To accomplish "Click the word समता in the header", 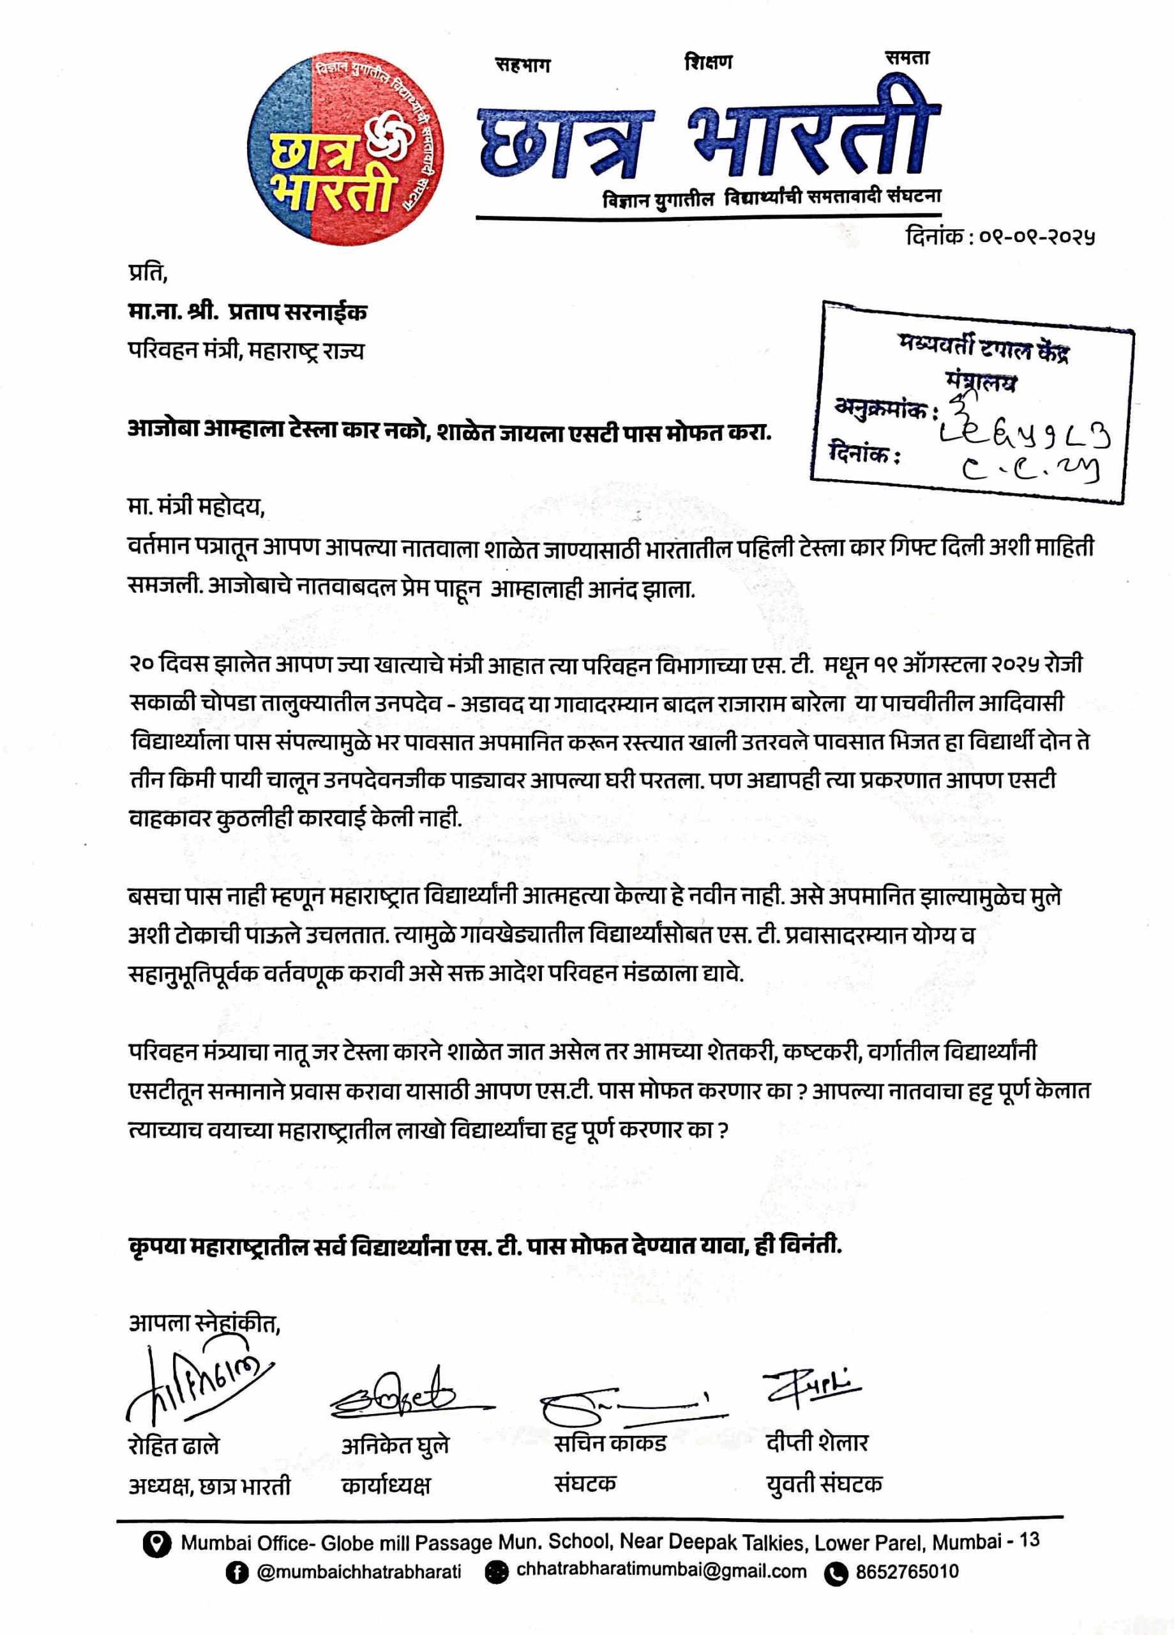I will (907, 58).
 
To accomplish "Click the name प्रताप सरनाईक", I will (297, 312).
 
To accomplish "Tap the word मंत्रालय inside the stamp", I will (981, 382).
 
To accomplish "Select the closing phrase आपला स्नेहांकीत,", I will (204, 1323).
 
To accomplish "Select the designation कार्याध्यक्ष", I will (386, 1485).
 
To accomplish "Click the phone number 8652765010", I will (907, 1572).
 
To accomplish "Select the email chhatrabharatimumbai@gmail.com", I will (661, 1572).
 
